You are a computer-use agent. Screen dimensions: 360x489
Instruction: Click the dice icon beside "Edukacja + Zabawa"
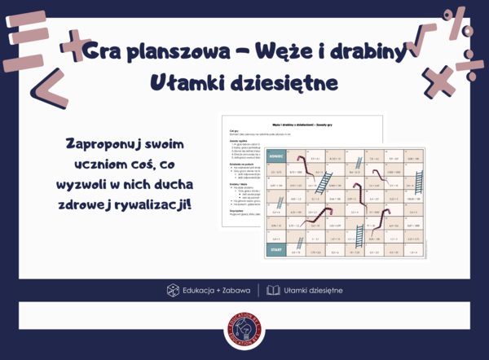click(x=173, y=290)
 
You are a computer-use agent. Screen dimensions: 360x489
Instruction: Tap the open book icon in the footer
click(x=273, y=290)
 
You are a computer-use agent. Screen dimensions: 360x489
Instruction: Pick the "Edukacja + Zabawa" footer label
click(x=214, y=290)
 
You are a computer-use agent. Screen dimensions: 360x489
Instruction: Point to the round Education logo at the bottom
click(x=244, y=331)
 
